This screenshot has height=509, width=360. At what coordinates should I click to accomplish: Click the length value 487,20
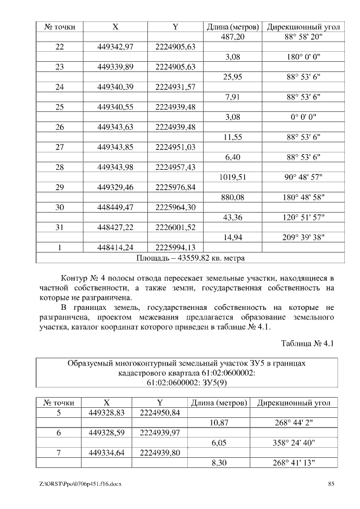[x=232, y=37]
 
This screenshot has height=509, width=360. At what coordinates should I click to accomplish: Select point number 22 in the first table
[x=60, y=47]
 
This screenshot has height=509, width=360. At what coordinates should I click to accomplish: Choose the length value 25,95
[x=232, y=77]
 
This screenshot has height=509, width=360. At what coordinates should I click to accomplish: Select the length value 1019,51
[x=232, y=177]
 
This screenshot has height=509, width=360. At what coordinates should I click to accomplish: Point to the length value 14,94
[x=232, y=237]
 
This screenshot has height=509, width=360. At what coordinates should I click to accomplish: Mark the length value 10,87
[x=218, y=422]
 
